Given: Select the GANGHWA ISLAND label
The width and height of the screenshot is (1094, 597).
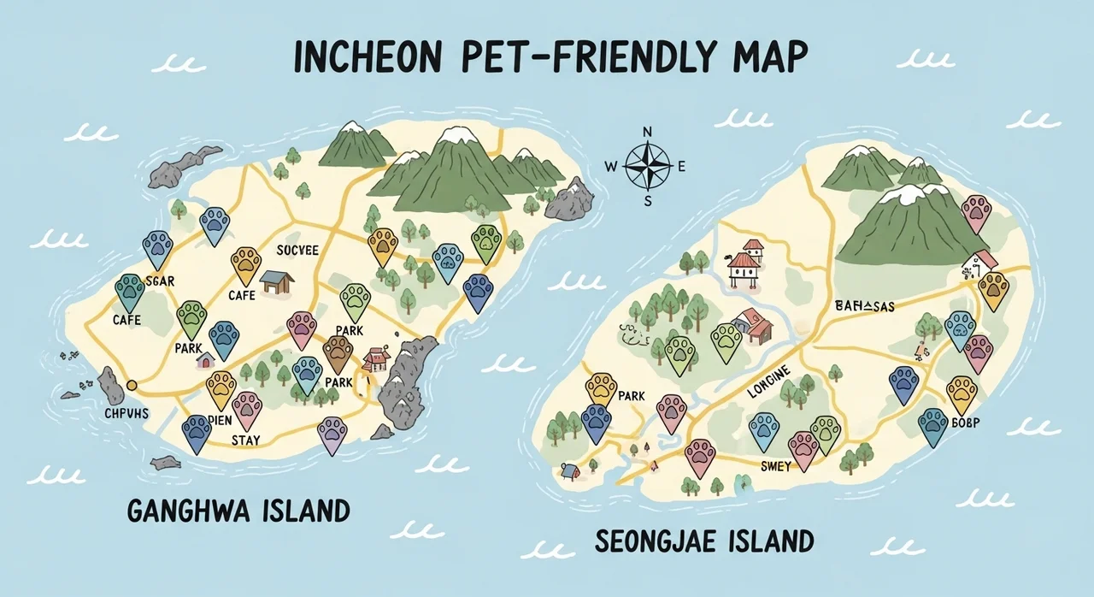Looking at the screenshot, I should point(238,511).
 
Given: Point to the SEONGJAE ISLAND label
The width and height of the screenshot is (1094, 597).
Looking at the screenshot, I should point(703,541).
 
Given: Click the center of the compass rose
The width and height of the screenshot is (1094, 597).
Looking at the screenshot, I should point(648,165).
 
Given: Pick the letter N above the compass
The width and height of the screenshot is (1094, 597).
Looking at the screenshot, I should point(648,132).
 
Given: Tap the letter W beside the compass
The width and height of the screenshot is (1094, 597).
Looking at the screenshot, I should point(610,167).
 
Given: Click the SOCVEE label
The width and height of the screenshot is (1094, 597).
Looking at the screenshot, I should point(297,250).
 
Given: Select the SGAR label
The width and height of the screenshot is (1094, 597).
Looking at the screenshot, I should point(160,281).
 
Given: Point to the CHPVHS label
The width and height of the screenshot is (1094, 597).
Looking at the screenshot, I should point(126,414).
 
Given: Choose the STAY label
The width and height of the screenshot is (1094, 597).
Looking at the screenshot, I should point(246,440).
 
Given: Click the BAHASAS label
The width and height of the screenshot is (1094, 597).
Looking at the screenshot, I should point(862,305).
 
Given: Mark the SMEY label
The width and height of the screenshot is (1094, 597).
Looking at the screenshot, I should point(776,465).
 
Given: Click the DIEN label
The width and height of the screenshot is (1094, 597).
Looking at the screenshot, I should point(220,421).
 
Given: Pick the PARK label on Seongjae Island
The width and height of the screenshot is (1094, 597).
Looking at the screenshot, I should point(631,396).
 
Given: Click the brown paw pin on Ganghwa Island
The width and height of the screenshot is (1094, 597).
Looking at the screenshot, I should point(338,351).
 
